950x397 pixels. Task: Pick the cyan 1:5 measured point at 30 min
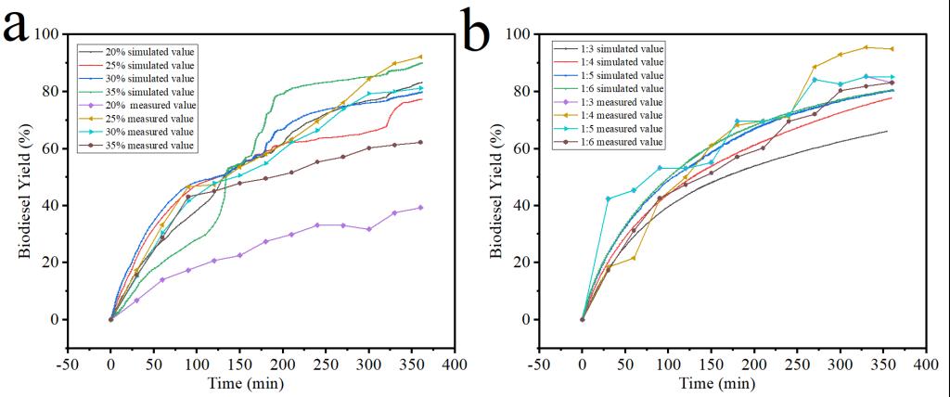click(x=608, y=198)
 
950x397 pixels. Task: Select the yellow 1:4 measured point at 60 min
click(x=634, y=258)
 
